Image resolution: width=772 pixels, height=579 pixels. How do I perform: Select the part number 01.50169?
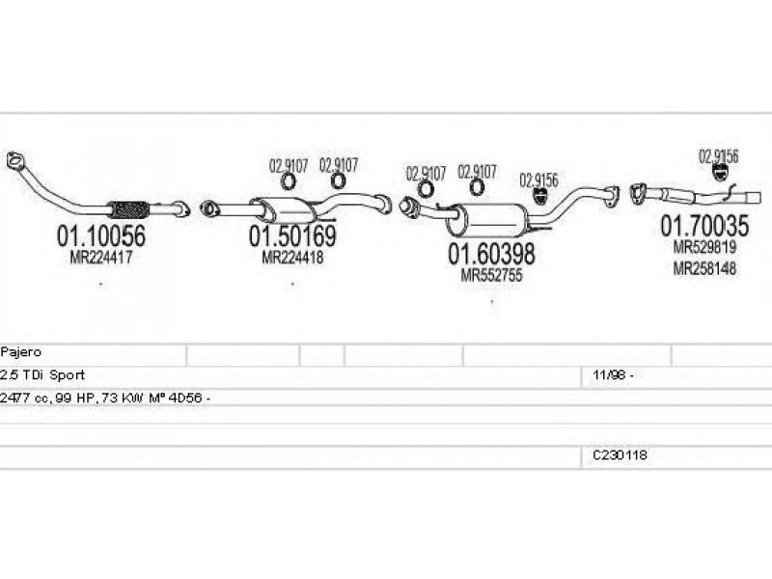point(292,236)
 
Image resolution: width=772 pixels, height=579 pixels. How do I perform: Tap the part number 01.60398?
point(491,255)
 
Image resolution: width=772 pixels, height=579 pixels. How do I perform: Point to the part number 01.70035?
point(704,227)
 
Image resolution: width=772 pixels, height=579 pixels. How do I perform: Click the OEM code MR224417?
point(101,258)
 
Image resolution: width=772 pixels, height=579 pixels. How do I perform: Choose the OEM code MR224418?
point(292,258)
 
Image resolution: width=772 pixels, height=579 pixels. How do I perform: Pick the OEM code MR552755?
point(491,275)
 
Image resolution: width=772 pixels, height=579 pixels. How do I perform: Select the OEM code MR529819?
point(704,247)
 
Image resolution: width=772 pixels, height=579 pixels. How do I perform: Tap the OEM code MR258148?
point(704,268)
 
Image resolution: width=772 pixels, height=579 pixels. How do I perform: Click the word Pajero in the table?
point(20,353)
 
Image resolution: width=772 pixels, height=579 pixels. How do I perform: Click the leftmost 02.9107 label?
point(289,165)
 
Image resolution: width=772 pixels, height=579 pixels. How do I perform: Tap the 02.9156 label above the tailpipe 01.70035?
point(719,154)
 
